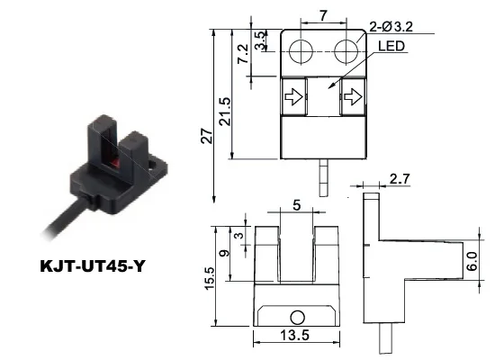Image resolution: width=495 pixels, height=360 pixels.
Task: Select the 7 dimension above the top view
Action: point(323,15)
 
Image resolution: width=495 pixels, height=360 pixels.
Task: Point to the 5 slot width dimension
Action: point(298,206)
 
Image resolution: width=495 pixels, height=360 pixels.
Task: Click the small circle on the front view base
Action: point(297,317)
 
